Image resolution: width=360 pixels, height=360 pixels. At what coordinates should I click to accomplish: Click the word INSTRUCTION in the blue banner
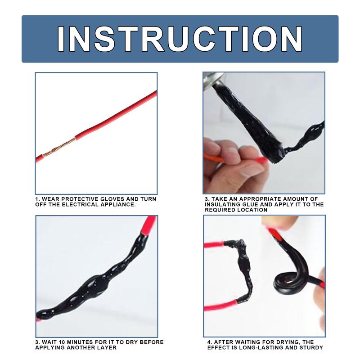180,39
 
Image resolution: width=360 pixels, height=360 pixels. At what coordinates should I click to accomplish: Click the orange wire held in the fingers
213,158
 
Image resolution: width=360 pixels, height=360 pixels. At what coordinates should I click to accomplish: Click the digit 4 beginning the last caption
209,342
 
